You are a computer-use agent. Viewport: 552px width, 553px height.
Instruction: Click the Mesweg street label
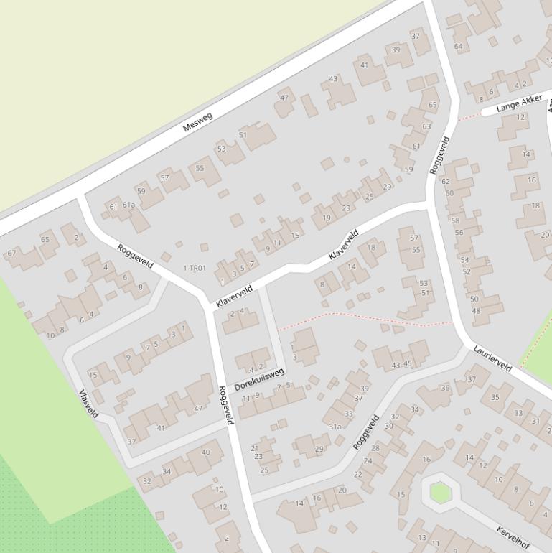(197, 122)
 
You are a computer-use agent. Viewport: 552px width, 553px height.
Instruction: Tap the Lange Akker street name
(519, 103)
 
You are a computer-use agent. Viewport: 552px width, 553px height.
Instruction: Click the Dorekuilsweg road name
(259, 379)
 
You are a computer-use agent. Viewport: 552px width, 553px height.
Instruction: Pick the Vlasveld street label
(89, 404)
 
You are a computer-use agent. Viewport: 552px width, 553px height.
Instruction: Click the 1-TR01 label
(195, 269)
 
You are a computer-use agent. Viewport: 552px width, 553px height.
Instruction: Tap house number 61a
(128, 205)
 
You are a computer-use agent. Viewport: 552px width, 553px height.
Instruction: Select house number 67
(11, 253)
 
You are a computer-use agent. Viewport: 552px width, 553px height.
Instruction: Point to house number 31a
(335, 427)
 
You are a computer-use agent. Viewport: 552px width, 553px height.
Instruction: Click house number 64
(458, 47)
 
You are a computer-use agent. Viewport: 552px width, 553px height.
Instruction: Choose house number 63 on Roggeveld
(426, 126)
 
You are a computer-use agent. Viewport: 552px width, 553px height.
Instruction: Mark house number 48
(475, 311)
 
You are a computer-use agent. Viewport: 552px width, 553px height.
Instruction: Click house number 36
(445, 389)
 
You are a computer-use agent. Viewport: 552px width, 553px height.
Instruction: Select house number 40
(206, 452)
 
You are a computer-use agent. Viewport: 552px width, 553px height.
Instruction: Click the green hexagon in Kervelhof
(439, 493)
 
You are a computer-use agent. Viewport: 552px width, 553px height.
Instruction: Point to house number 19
(327, 218)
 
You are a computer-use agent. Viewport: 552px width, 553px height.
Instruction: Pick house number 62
(446, 182)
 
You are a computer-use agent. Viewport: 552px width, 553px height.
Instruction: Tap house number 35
(495, 397)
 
